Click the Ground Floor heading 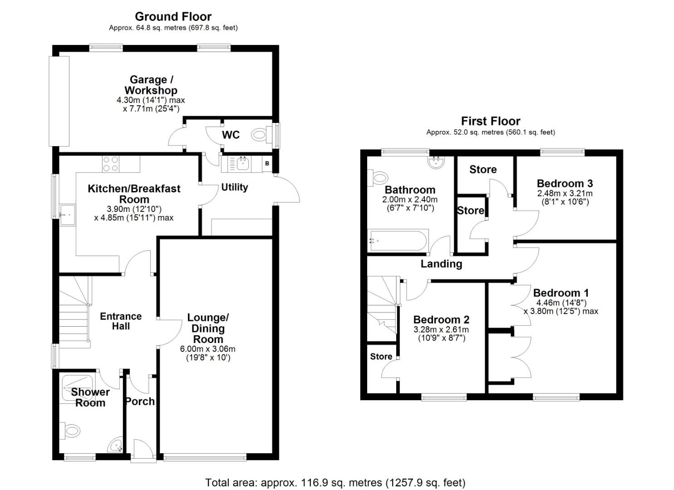[x=173, y=17]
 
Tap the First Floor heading [x=490, y=121]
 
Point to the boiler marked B [x=267, y=163]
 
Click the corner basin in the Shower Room [x=117, y=446]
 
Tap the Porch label [x=140, y=402]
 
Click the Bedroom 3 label [x=565, y=183]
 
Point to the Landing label [x=441, y=264]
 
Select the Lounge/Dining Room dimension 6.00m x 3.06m [x=208, y=349]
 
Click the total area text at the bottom [x=335, y=483]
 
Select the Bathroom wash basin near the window [x=436, y=162]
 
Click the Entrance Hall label [x=121, y=321]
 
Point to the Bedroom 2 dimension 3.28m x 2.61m [x=441, y=330]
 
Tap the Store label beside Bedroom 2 [x=381, y=356]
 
